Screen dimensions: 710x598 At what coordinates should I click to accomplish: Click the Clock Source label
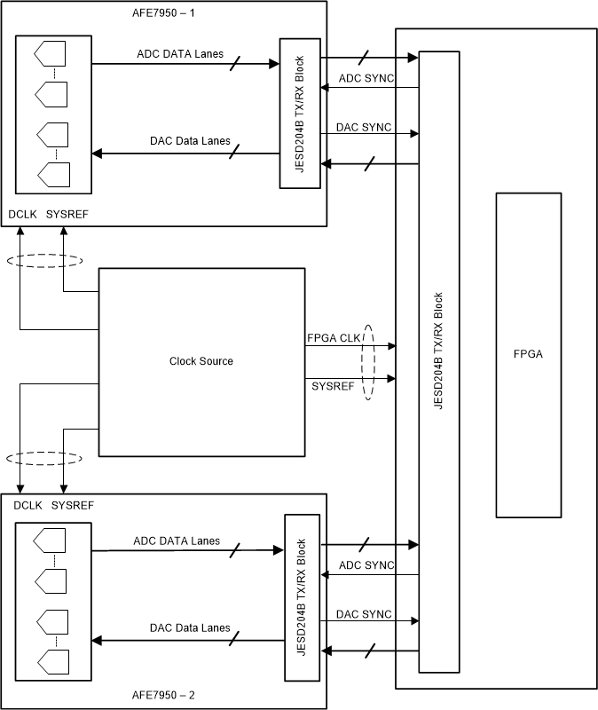(x=201, y=361)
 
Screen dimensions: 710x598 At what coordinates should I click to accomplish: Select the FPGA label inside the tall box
(x=528, y=355)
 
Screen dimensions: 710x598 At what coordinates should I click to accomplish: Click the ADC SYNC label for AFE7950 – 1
(x=365, y=79)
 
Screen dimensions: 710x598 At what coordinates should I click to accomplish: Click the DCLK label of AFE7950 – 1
(x=24, y=215)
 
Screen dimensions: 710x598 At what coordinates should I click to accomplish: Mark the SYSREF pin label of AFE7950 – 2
(x=73, y=505)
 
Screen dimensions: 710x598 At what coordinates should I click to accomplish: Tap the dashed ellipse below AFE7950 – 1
(x=43, y=261)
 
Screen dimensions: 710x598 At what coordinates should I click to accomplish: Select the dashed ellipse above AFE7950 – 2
(x=43, y=458)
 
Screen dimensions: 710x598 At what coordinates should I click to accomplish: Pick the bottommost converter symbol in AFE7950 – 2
(x=50, y=661)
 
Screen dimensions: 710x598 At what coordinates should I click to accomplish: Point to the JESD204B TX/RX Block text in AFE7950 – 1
(x=301, y=113)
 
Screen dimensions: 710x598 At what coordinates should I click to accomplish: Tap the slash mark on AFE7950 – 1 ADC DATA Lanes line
(x=234, y=63)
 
